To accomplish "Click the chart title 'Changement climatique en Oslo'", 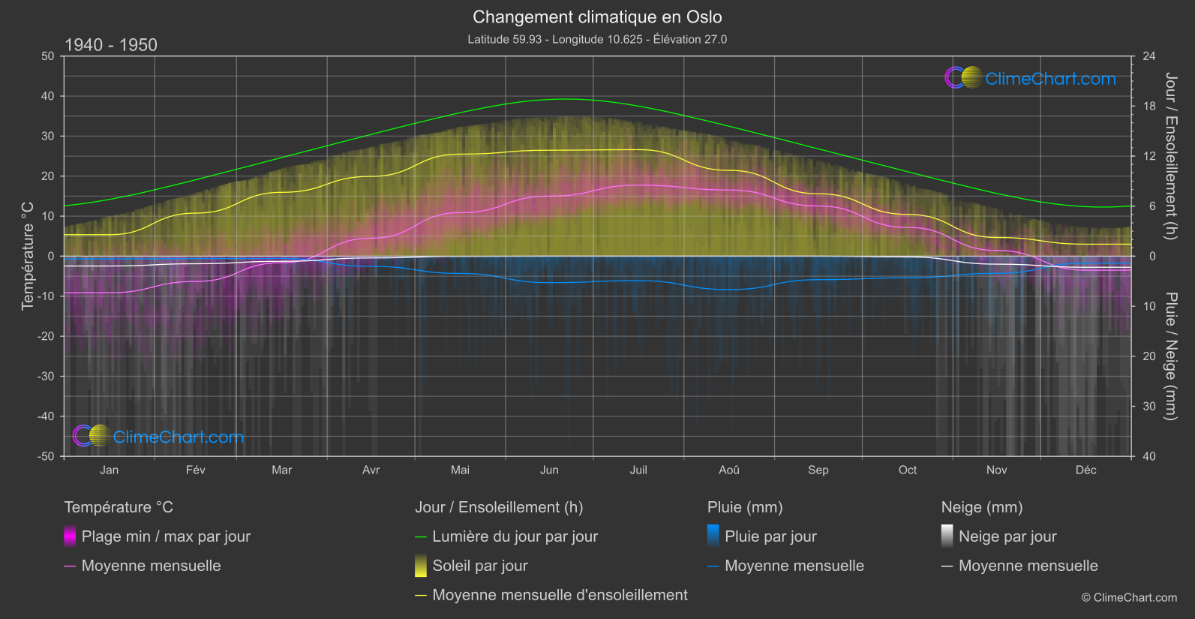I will (x=597, y=17).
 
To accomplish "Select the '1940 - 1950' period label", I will (x=111, y=45).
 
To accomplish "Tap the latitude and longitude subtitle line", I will (x=597, y=39).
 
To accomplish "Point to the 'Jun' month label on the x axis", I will (x=549, y=470).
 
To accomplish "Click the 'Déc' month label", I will (x=1085, y=470).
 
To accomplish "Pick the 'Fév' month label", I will (x=195, y=470).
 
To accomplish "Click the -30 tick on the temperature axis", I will (x=47, y=376).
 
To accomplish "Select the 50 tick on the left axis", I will (x=48, y=56).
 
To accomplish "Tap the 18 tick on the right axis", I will (x=1149, y=107).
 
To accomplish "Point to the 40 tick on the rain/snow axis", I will (x=1149, y=456).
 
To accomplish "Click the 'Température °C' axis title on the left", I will (x=28, y=256).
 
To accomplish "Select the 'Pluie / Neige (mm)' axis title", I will (x=1170, y=356).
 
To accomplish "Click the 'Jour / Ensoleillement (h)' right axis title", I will (x=1170, y=156).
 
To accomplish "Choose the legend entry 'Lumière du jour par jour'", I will (x=515, y=536).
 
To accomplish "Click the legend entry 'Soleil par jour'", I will (x=479, y=566).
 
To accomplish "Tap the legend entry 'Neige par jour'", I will (x=1007, y=536).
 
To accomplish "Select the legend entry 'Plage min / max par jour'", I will (x=166, y=536).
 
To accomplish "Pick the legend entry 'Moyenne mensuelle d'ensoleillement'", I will (x=560, y=595).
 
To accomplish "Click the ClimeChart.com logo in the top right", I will (x=1031, y=78).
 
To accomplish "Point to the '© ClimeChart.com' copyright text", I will (x=1129, y=597).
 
